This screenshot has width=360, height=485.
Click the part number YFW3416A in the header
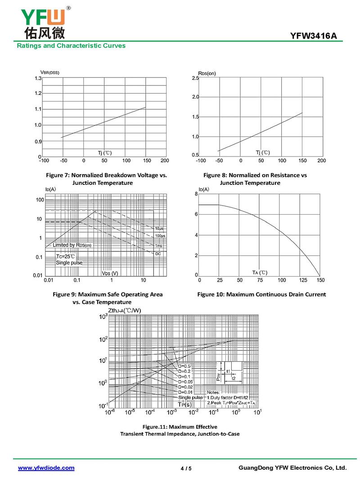tap(313, 36)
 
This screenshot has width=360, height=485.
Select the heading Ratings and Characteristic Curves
tap(71, 46)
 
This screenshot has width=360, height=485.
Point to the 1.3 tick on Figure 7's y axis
tap(38, 78)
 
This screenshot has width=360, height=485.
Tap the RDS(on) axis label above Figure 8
tap(207, 73)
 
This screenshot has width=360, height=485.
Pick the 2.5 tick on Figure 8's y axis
tap(195, 78)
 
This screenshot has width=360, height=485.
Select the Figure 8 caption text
tap(255, 179)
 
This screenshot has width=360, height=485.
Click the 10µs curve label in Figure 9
tap(160, 229)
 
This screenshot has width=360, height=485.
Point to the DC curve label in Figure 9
tap(158, 254)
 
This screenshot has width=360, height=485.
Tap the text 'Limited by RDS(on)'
tap(72, 245)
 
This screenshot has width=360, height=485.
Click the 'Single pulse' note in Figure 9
tap(69, 262)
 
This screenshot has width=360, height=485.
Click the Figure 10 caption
tap(261, 295)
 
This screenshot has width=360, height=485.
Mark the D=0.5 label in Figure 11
tap(184, 366)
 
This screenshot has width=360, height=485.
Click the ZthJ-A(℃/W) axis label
tap(125, 311)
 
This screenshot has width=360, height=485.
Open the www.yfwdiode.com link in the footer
tap(46, 468)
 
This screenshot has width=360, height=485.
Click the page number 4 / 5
tap(186, 468)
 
